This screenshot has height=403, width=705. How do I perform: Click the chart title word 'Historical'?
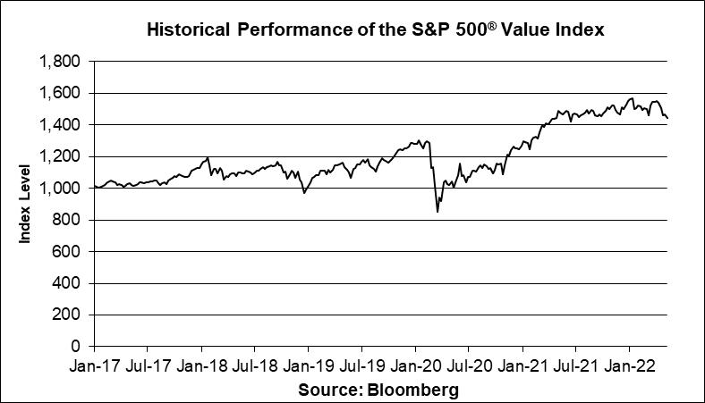pyautogui.click(x=186, y=30)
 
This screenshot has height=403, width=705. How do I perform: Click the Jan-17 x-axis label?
pyautogui.click(x=94, y=366)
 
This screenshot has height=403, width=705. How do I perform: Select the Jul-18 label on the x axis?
pyautogui.click(x=254, y=366)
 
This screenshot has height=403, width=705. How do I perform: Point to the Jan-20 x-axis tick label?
pyautogui.click(x=415, y=366)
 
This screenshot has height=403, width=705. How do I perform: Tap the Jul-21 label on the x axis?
pyautogui.click(x=575, y=366)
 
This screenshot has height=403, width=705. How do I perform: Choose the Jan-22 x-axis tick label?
pyautogui.click(x=629, y=366)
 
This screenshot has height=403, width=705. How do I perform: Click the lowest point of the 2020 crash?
pyautogui.click(x=437, y=212)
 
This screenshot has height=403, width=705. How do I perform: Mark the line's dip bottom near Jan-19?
pyautogui.click(x=304, y=192)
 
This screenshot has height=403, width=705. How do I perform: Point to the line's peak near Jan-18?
pyautogui.click(x=208, y=158)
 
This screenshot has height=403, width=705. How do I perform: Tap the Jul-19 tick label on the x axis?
pyautogui.click(x=361, y=366)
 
